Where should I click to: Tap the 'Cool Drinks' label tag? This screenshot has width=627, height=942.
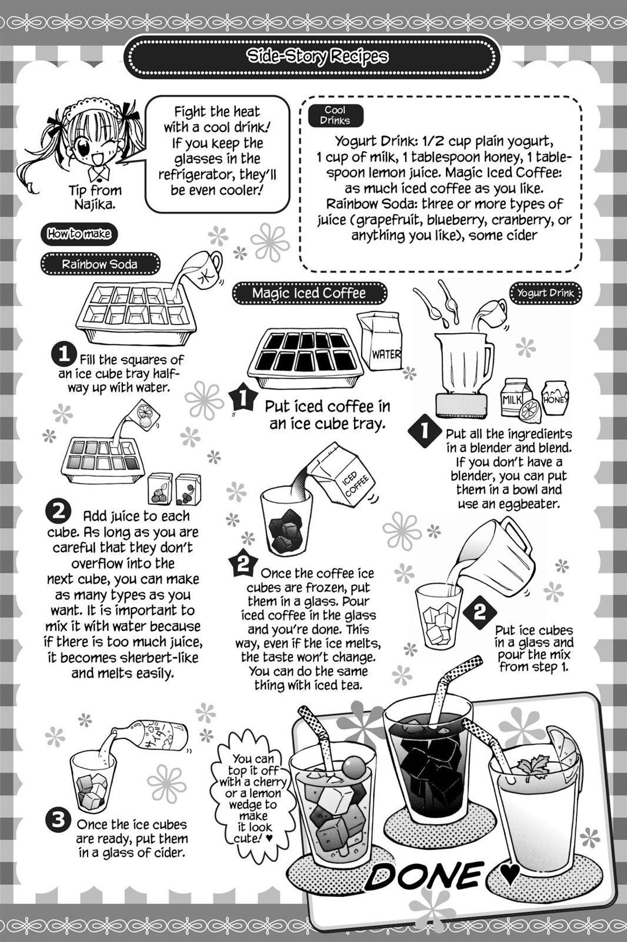(335, 115)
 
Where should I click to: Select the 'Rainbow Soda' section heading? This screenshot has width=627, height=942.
(100, 264)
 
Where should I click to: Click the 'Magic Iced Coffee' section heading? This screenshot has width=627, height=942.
(309, 293)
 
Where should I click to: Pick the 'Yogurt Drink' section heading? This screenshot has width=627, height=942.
(546, 293)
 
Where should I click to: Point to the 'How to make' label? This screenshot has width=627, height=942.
(78, 234)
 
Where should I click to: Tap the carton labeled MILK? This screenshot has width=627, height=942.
(516, 397)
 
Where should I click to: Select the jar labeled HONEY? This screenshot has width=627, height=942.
(555, 397)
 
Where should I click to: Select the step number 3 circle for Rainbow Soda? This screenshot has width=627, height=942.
(59, 820)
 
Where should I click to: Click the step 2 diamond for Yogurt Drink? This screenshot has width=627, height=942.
(479, 612)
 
